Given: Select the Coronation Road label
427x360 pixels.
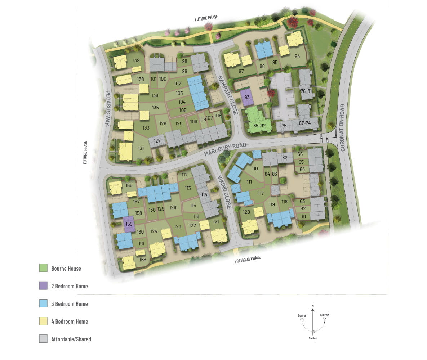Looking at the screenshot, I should [x=342, y=127].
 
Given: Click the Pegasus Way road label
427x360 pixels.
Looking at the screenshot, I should [x=107, y=108].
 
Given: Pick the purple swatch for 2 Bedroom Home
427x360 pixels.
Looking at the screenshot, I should [x=43, y=286].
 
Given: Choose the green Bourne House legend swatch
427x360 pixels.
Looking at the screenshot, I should [x=43, y=268].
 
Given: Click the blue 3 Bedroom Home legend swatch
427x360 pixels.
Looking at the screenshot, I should [x=43, y=303].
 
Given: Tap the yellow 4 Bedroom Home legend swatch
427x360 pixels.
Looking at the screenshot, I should [x=43, y=321].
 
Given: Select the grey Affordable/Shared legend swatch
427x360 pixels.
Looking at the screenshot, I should [x=43, y=339].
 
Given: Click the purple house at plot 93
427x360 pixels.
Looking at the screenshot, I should [x=247, y=97].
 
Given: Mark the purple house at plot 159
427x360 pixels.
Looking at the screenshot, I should [x=129, y=224].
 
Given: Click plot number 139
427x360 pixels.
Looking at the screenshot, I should [x=136, y=60].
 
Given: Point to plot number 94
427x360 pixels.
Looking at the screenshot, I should [x=297, y=57].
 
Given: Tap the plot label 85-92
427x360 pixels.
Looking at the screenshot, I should [x=259, y=126].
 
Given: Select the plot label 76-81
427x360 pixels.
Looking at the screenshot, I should [x=306, y=91].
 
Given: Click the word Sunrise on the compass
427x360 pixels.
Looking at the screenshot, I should [x=324, y=315].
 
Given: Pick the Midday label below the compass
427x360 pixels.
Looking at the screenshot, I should [x=313, y=338].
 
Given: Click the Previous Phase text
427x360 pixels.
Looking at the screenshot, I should [x=247, y=259].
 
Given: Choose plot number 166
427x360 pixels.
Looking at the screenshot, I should [x=143, y=260].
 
